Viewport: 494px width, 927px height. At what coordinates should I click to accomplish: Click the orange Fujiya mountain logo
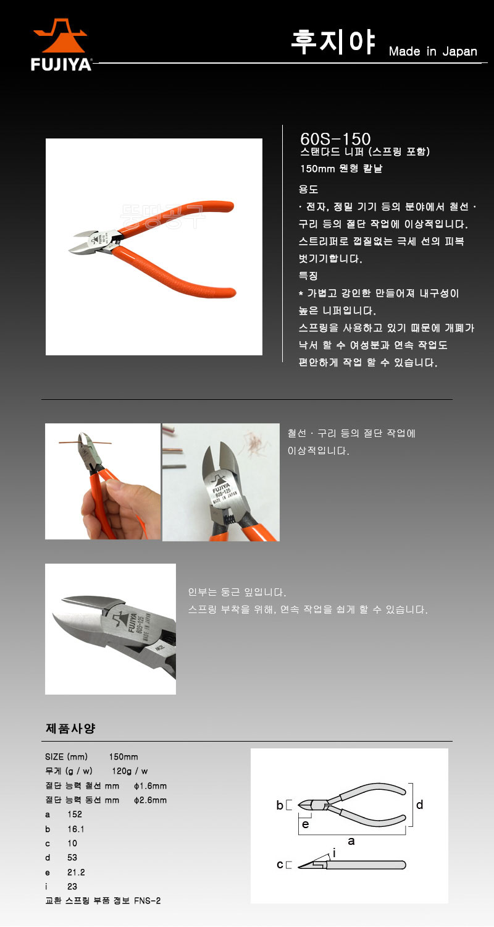pyautogui.click(x=61, y=36)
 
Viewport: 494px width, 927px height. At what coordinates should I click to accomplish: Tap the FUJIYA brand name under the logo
pyautogui.click(x=61, y=64)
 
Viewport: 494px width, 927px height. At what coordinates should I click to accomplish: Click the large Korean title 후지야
pyautogui.click(x=333, y=42)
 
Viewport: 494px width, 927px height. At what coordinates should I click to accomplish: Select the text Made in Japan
pyautogui.click(x=433, y=51)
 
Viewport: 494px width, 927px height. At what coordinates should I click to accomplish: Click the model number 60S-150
pyautogui.click(x=335, y=138)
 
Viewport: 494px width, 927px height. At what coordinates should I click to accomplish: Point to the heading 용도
pyautogui.click(x=308, y=190)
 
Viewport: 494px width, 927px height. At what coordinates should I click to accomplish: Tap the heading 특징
pyautogui.click(x=308, y=276)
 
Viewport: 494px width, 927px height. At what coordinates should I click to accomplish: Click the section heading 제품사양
pyautogui.click(x=70, y=729)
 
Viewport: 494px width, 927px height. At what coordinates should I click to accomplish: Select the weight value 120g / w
pyautogui.click(x=130, y=771)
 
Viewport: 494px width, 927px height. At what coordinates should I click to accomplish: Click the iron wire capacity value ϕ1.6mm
pyautogui.click(x=150, y=786)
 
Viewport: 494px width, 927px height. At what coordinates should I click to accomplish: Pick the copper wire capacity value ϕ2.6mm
pyautogui.click(x=150, y=800)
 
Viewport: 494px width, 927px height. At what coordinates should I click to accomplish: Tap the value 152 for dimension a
pyautogui.click(x=75, y=814)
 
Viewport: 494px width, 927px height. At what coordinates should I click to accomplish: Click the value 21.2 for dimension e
pyautogui.click(x=76, y=872)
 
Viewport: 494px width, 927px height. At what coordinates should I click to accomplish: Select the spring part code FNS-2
pyautogui.click(x=147, y=900)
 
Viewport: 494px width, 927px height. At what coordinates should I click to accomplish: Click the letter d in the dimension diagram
pyautogui.click(x=419, y=805)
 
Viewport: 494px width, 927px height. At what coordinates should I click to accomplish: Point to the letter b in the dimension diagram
pyautogui.click(x=280, y=805)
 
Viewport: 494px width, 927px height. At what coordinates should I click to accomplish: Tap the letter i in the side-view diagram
pyautogui.click(x=334, y=853)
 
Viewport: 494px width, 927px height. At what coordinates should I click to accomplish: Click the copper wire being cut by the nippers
pyautogui.click(x=85, y=442)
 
